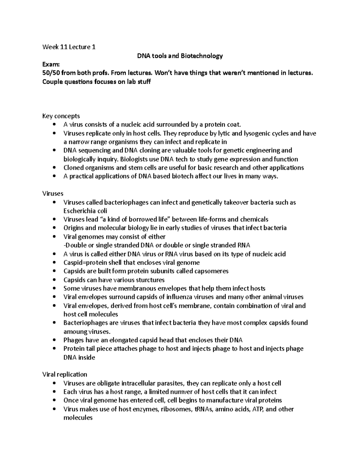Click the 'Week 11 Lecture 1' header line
click(69, 47)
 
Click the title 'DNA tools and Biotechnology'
click(180, 56)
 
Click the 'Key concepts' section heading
click(61, 116)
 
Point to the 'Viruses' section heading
click(53, 194)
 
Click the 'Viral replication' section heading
click(64, 374)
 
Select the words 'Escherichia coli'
click(85, 211)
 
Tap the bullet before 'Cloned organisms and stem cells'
click(54, 168)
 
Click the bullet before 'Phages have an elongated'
click(54, 340)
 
